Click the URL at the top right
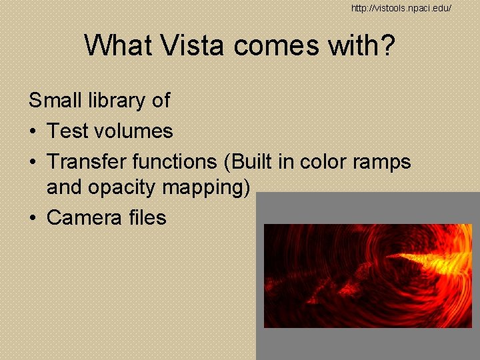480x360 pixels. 402,7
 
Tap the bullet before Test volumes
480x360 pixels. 33,131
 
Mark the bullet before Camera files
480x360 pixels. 33,218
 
